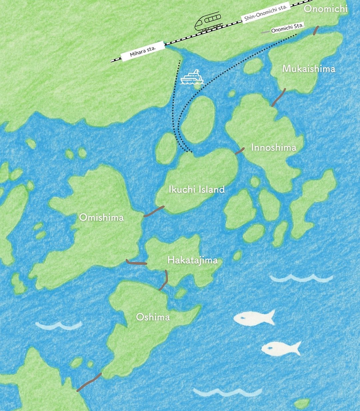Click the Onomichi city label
coord(325,8)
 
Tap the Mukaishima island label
coord(309,69)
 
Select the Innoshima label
coord(274,148)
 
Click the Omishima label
coord(101,217)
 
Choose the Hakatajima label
coord(192,260)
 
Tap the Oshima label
coord(153,317)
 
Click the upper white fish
coord(254,318)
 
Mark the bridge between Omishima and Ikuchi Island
coord(154,211)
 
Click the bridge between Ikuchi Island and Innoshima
coord(240,151)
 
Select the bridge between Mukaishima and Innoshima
coord(278,97)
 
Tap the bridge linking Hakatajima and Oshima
coord(164,280)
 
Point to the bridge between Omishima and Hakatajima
coord(136,262)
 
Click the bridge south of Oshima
coord(89,382)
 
